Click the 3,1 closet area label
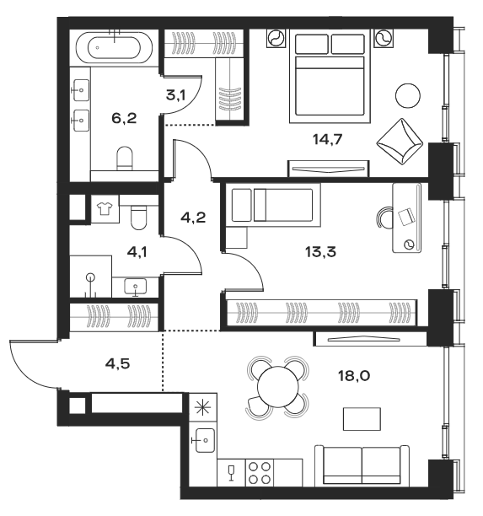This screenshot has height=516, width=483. click(x=175, y=95)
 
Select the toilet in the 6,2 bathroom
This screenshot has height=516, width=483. click(x=125, y=158)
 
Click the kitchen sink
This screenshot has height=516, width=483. click(x=203, y=439)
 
